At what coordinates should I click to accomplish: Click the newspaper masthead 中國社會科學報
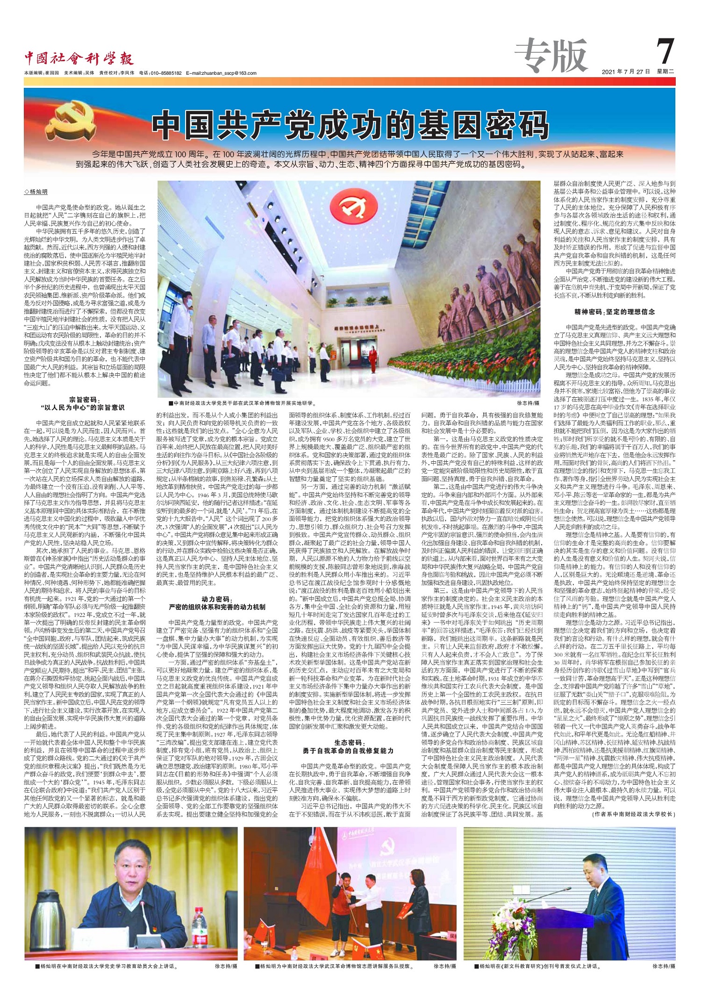(79, 58)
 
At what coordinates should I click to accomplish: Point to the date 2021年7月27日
(626, 72)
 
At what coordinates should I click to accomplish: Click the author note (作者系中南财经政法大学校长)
(633, 814)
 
